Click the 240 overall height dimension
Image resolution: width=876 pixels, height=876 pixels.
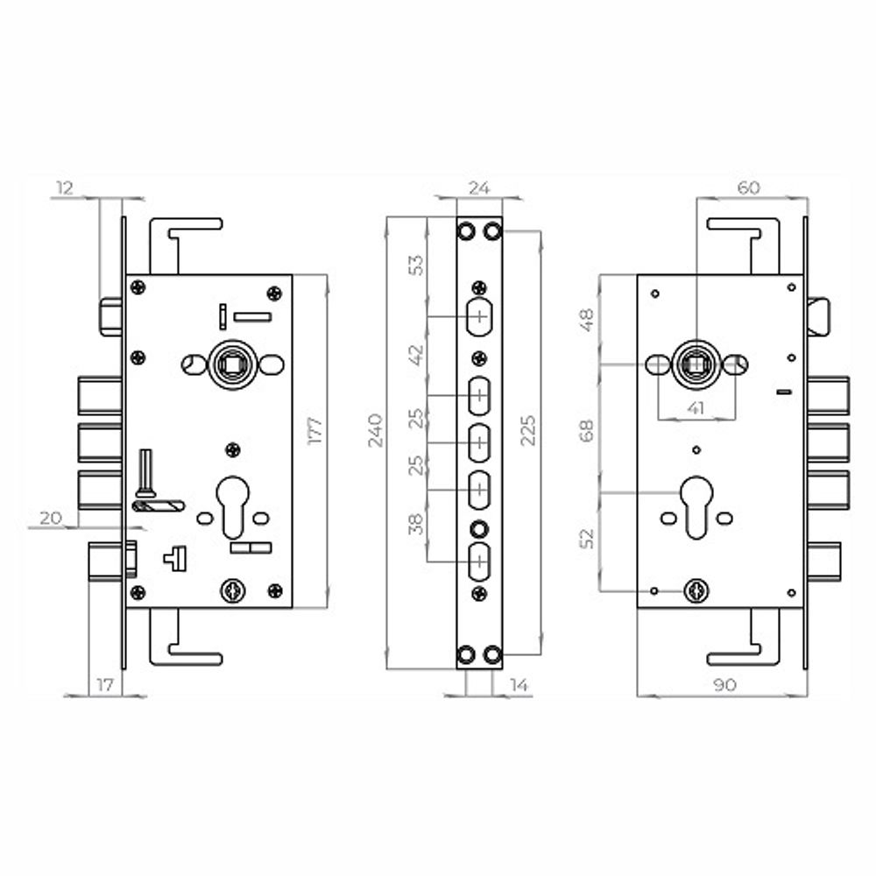[x=376, y=430]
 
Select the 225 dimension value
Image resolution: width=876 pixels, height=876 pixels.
[x=527, y=430]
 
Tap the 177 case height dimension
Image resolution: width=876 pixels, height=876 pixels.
[x=315, y=430]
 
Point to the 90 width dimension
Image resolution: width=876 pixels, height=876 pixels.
[x=724, y=685]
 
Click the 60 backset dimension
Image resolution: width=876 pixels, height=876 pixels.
[x=749, y=187]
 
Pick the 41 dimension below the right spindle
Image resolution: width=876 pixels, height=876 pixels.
[x=695, y=408]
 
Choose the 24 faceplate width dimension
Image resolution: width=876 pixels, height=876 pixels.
[x=479, y=188]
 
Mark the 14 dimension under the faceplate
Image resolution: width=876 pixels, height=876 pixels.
[x=519, y=685]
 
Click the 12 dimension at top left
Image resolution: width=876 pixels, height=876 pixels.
[x=65, y=188]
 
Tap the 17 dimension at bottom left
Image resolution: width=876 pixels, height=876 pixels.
[x=105, y=685]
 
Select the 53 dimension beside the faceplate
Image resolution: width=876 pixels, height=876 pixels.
[x=416, y=265]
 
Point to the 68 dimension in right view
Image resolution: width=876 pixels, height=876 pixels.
[x=587, y=431]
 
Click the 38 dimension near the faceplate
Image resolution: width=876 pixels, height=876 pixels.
[x=416, y=524]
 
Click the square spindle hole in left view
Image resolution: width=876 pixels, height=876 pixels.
[x=232, y=364]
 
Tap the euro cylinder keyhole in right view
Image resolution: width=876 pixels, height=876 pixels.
[x=696, y=507]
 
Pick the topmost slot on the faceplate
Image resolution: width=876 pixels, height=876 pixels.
[x=479, y=317]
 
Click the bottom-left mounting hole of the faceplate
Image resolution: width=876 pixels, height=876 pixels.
[x=466, y=654]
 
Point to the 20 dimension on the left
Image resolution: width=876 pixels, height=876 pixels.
[x=50, y=518]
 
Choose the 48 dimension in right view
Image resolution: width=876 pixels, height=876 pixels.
[x=587, y=320]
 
